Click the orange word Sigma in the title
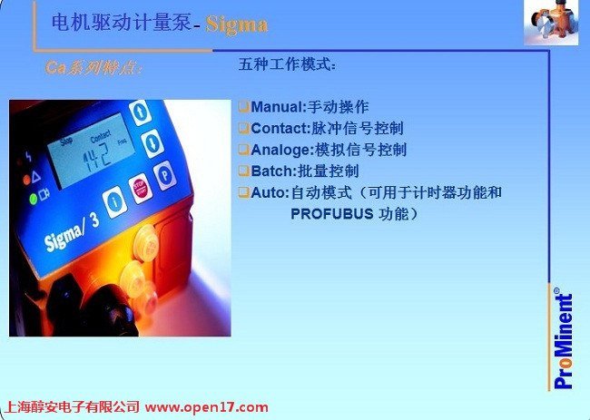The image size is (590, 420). (x=237, y=24)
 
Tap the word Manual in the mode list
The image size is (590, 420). (x=276, y=107)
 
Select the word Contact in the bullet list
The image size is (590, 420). (x=280, y=128)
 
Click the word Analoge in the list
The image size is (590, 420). (x=281, y=150)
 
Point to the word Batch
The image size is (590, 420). (x=273, y=171)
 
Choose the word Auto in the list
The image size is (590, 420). (x=269, y=192)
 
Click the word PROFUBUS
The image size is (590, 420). (x=332, y=214)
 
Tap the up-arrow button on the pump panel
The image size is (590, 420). (x=140, y=112)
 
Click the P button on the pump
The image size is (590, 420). (x=165, y=175)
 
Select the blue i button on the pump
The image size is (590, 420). (x=114, y=202)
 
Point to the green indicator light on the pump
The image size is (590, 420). (x=33, y=198)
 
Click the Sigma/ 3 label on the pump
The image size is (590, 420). (x=72, y=232)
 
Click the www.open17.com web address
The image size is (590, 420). (x=207, y=407)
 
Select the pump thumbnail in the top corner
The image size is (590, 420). (x=551, y=23)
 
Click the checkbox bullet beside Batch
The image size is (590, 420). (x=244, y=171)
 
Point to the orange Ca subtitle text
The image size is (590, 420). (x=93, y=68)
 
